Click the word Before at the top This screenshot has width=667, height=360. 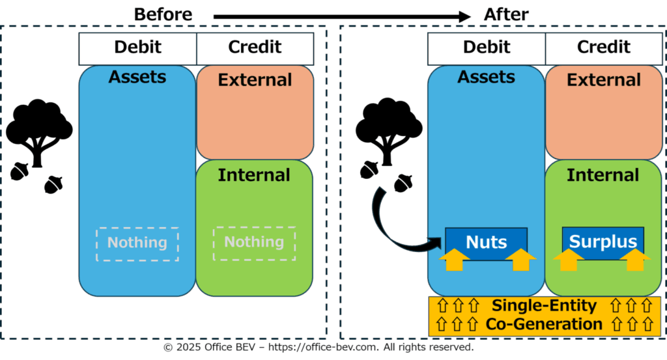(163, 14)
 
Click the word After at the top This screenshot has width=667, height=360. (505, 14)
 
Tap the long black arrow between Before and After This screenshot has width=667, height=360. (342, 16)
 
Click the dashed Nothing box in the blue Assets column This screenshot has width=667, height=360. (137, 244)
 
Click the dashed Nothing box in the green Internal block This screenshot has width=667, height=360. (254, 243)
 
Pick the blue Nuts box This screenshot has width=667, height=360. (486, 242)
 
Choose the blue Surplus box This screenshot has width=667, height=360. (603, 242)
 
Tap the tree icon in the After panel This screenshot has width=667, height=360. (388, 130)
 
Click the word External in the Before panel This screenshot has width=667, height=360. (255, 80)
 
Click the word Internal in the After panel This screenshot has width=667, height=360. (603, 175)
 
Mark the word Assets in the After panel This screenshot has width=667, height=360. (486, 77)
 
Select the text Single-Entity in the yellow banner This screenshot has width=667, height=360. (544, 305)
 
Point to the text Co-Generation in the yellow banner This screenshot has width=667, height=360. (544, 324)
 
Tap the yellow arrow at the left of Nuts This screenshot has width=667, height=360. (454, 259)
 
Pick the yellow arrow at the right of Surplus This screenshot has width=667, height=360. (635, 259)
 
